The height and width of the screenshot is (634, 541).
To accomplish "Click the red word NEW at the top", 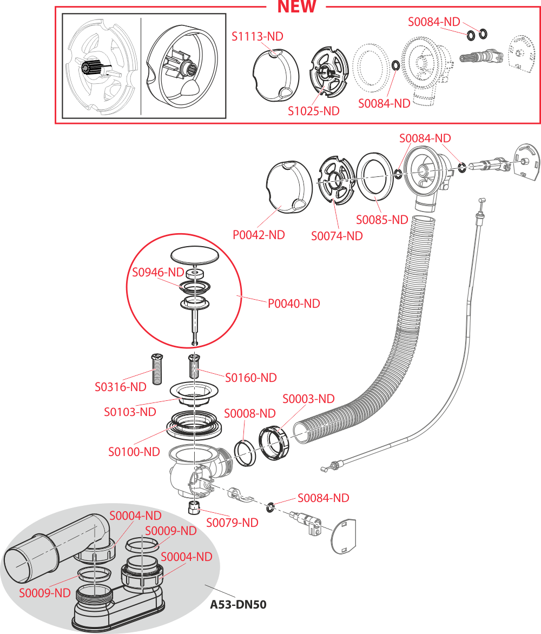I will click(x=296, y=6).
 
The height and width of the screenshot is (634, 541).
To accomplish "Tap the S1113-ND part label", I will click(x=258, y=37).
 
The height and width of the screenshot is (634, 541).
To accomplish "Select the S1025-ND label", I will click(x=314, y=111).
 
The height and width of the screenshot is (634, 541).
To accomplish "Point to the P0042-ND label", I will click(x=259, y=235).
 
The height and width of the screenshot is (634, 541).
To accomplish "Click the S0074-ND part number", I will click(x=337, y=236).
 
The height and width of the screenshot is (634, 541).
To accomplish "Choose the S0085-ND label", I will click(x=382, y=220).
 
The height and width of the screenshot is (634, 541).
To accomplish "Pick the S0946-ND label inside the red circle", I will click(x=159, y=272).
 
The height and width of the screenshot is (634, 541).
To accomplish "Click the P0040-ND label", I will click(x=294, y=303).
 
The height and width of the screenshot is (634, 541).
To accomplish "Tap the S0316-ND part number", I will click(x=121, y=387).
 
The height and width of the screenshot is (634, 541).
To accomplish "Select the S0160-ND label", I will click(x=251, y=377).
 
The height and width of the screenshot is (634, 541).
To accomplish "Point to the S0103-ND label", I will click(x=130, y=412).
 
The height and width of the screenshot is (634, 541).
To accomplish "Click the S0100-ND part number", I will click(x=134, y=451).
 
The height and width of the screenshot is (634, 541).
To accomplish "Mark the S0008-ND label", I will click(x=250, y=413).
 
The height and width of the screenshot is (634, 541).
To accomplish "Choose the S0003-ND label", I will click(x=309, y=399).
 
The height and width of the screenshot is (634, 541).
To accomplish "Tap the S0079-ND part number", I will click(x=232, y=523).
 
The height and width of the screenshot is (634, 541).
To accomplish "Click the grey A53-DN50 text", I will click(x=238, y=604).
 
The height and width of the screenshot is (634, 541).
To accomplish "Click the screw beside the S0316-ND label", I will click(x=157, y=369).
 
